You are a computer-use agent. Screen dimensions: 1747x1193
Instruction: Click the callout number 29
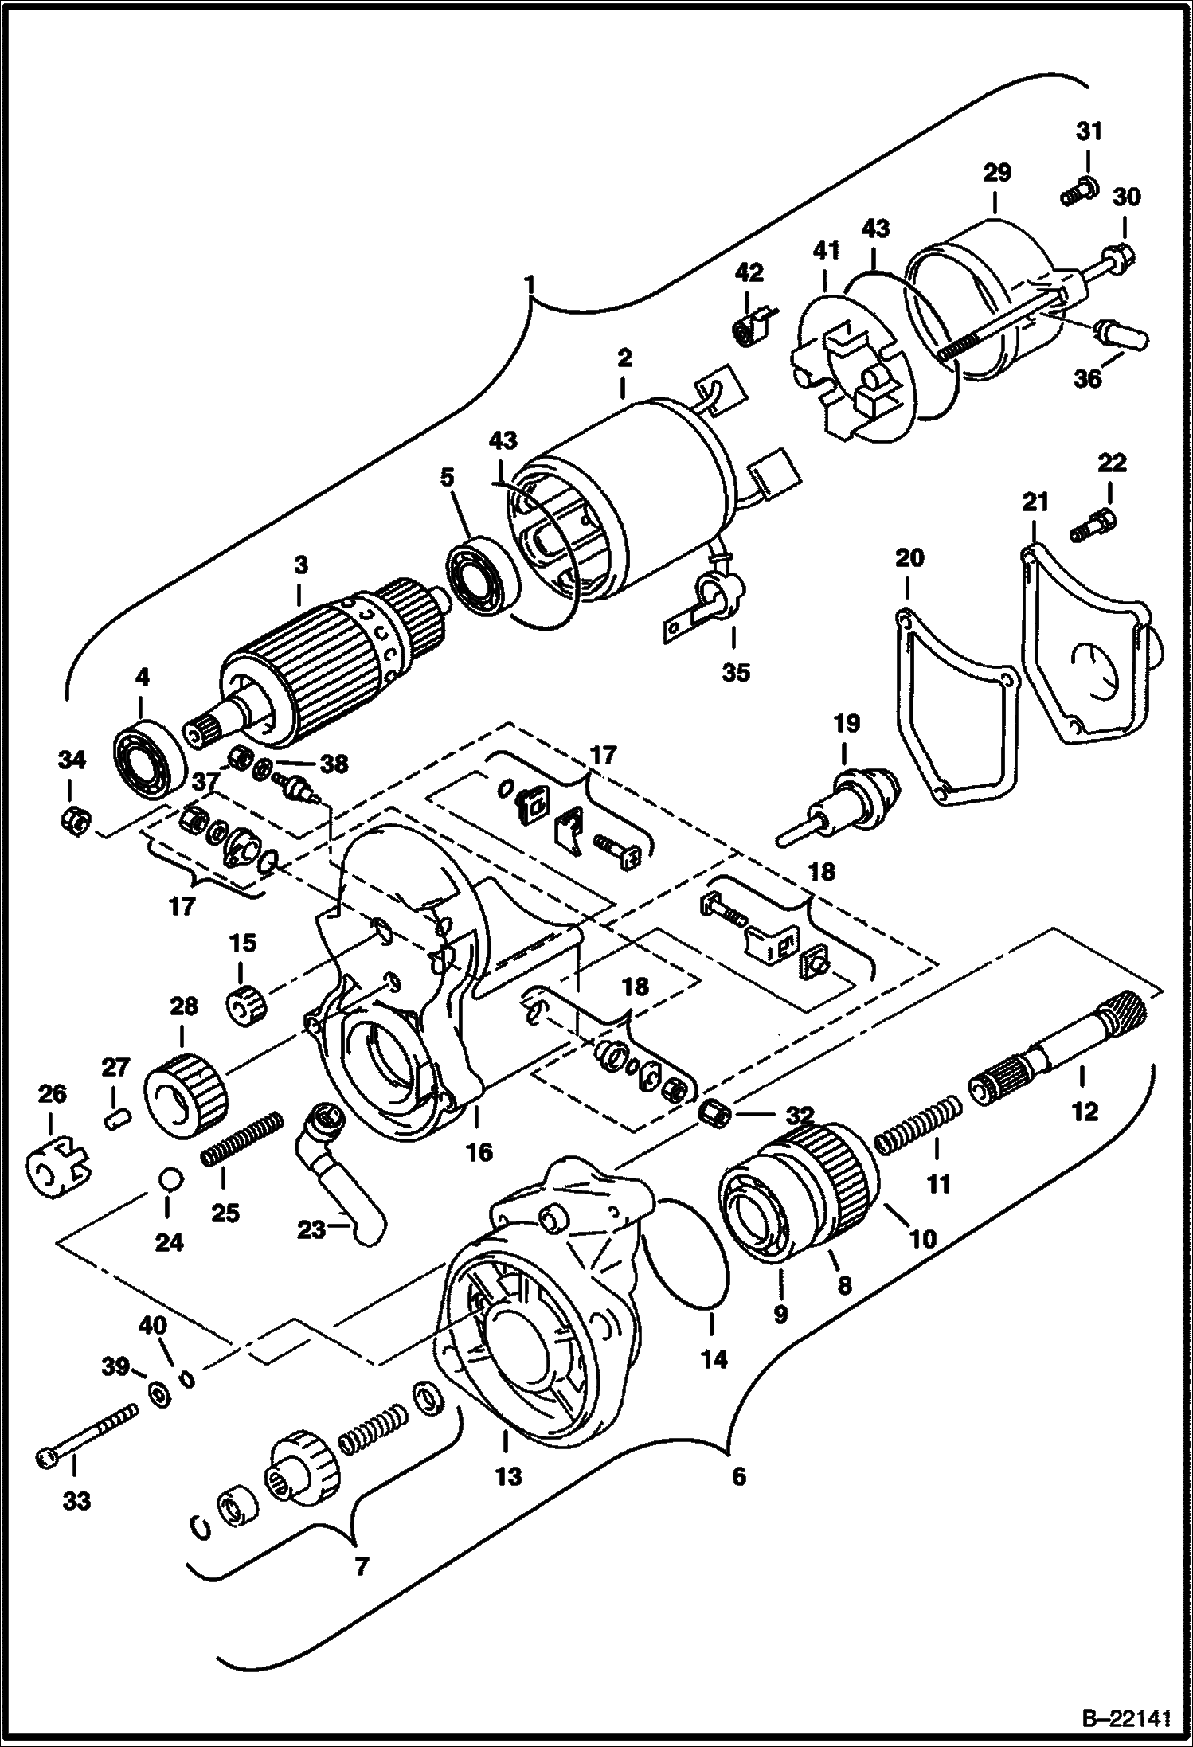[x=996, y=173]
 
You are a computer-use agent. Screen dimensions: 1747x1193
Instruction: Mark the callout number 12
[x=1084, y=1111]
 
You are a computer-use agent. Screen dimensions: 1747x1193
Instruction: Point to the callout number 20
[x=909, y=558]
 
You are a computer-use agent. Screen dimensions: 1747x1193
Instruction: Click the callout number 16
[x=479, y=1152]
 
